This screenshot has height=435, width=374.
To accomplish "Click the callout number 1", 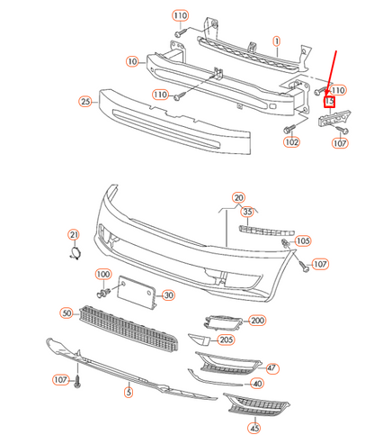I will tap(277, 41).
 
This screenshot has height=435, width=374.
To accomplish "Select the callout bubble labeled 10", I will tap(132, 61).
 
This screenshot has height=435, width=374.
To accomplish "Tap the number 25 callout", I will tap(85, 101).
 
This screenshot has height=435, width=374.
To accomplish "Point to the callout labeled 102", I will tap(290, 141).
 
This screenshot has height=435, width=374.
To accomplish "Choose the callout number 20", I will tap(238, 197).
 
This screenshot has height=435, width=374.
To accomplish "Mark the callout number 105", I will tap(302, 241).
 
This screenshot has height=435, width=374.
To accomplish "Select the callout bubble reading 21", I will tap(75, 235).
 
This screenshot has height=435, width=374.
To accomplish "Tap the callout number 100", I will tap(102, 274).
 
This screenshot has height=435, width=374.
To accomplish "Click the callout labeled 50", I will tap(67, 313).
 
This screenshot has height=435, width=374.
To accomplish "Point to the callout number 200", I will tap(258, 321).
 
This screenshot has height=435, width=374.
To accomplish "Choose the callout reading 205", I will tap(227, 339).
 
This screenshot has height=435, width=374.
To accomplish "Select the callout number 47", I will tap(272, 369).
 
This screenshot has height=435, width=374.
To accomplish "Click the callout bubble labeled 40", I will tap(257, 384).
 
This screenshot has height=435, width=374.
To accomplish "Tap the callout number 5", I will tap(129, 392).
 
